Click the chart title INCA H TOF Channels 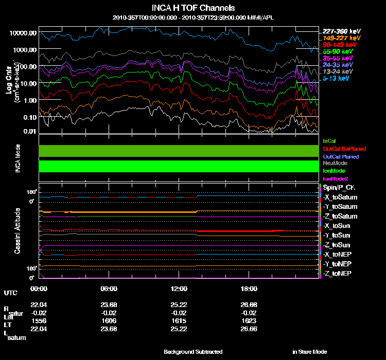(x=193, y=8)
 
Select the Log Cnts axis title (x=9, y=82)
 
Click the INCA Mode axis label (x=17, y=158)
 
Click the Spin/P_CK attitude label (x=339, y=188)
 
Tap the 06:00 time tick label (x=109, y=289)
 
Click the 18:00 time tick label (x=249, y=289)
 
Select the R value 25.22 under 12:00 (x=179, y=304)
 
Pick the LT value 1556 (x=39, y=319)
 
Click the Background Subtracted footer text (x=193, y=352)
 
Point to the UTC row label (x=10, y=293)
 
